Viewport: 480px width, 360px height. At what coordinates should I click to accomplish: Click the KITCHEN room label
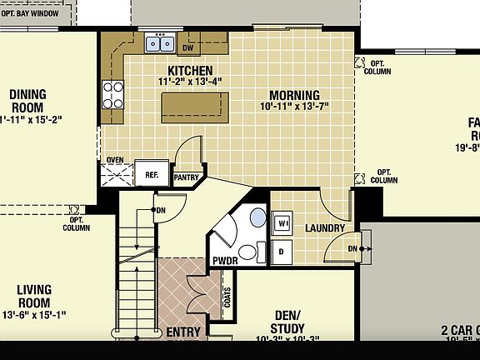pyautogui.click(x=190, y=71)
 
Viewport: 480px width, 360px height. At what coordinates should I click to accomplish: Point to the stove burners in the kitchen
pyautogui.click(x=112, y=93)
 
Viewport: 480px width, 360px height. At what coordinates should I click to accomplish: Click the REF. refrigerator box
pyautogui.click(x=152, y=174)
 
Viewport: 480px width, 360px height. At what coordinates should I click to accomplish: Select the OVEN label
pyautogui.click(x=115, y=161)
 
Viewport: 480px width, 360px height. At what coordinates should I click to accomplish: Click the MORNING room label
pyautogui.click(x=289, y=95)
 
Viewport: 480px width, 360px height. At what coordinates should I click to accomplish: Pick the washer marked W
pyautogui.click(x=283, y=223)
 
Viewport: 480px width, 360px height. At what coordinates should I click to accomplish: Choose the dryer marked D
pyautogui.click(x=282, y=250)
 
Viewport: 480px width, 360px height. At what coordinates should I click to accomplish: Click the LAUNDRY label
pyautogui.click(x=325, y=228)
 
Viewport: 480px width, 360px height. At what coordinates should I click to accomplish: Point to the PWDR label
pyautogui.click(x=225, y=261)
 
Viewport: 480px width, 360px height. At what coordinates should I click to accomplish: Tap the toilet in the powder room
pyautogui.click(x=247, y=252)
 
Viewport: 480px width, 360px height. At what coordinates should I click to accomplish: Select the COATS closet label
pyautogui.click(x=228, y=297)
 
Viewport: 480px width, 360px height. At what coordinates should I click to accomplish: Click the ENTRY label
pyautogui.click(x=183, y=332)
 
